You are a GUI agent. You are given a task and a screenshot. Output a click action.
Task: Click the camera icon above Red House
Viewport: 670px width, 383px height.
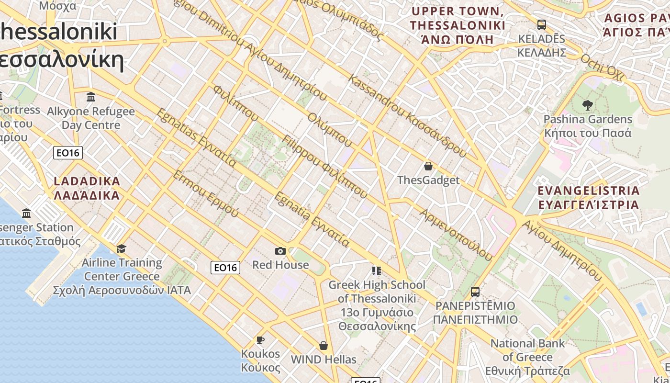pyautogui.click(x=280, y=251)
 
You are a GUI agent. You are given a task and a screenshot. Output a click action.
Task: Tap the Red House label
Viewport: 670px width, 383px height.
pyautogui.click(x=280, y=265)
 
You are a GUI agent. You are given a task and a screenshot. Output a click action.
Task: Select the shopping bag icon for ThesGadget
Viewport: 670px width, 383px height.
pyautogui.click(x=428, y=166)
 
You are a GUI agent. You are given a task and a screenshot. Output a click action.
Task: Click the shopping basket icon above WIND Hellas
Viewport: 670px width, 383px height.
pyautogui.click(x=324, y=346)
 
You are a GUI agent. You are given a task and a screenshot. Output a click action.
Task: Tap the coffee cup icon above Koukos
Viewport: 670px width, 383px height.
pyautogui.click(x=260, y=340)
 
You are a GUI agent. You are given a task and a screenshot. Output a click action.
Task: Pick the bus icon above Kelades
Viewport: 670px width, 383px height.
pyautogui.click(x=542, y=24)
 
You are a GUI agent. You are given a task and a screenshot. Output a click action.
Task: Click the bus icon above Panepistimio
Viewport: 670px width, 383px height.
pyautogui.click(x=475, y=292)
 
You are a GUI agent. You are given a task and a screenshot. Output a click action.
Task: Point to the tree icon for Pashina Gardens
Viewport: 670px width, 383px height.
pyautogui.click(x=588, y=105)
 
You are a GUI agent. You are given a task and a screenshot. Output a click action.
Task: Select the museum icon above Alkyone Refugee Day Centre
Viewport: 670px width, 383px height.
pyautogui.click(x=91, y=97)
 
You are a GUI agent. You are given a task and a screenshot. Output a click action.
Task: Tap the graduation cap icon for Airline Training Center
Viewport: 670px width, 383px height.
pyautogui.click(x=122, y=248)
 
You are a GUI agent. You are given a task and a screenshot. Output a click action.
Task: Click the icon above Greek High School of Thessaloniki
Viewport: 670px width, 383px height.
pyautogui.click(x=377, y=271)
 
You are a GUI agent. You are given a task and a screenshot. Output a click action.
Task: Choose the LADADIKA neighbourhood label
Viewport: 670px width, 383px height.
pyautogui.click(x=87, y=188)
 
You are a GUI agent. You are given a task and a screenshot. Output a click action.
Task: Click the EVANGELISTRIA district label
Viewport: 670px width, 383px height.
pyautogui.click(x=588, y=197)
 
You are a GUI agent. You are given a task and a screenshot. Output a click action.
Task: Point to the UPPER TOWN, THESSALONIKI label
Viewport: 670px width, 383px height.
pyautogui.click(x=458, y=25)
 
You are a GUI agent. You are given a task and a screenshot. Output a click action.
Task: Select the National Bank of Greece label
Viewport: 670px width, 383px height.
pyautogui.click(x=527, y=357)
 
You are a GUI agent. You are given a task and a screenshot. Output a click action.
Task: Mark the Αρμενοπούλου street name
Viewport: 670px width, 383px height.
pyautogui.click(x=456, y=235)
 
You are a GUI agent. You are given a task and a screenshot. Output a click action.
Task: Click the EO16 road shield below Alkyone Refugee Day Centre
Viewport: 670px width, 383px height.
pyautogui.click(x=68, y=153)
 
